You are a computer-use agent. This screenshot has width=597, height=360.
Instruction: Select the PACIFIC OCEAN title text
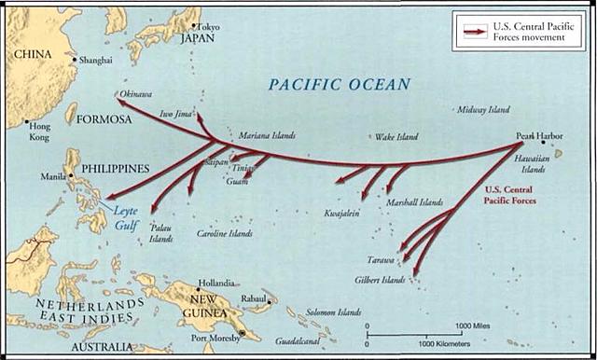(x=339, y=85)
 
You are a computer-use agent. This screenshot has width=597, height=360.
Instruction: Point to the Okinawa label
(x=137, y=94)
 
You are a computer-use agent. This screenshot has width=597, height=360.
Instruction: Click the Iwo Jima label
(x=177, y=114)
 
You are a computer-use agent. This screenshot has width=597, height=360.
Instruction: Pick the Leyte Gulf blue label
(x=126, y=217)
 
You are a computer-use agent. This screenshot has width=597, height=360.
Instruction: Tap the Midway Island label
(x=483, y=110)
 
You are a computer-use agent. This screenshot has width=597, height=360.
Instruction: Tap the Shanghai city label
(x=96, y=60)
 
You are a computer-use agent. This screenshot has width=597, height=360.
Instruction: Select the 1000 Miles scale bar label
(x=474, y=326)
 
